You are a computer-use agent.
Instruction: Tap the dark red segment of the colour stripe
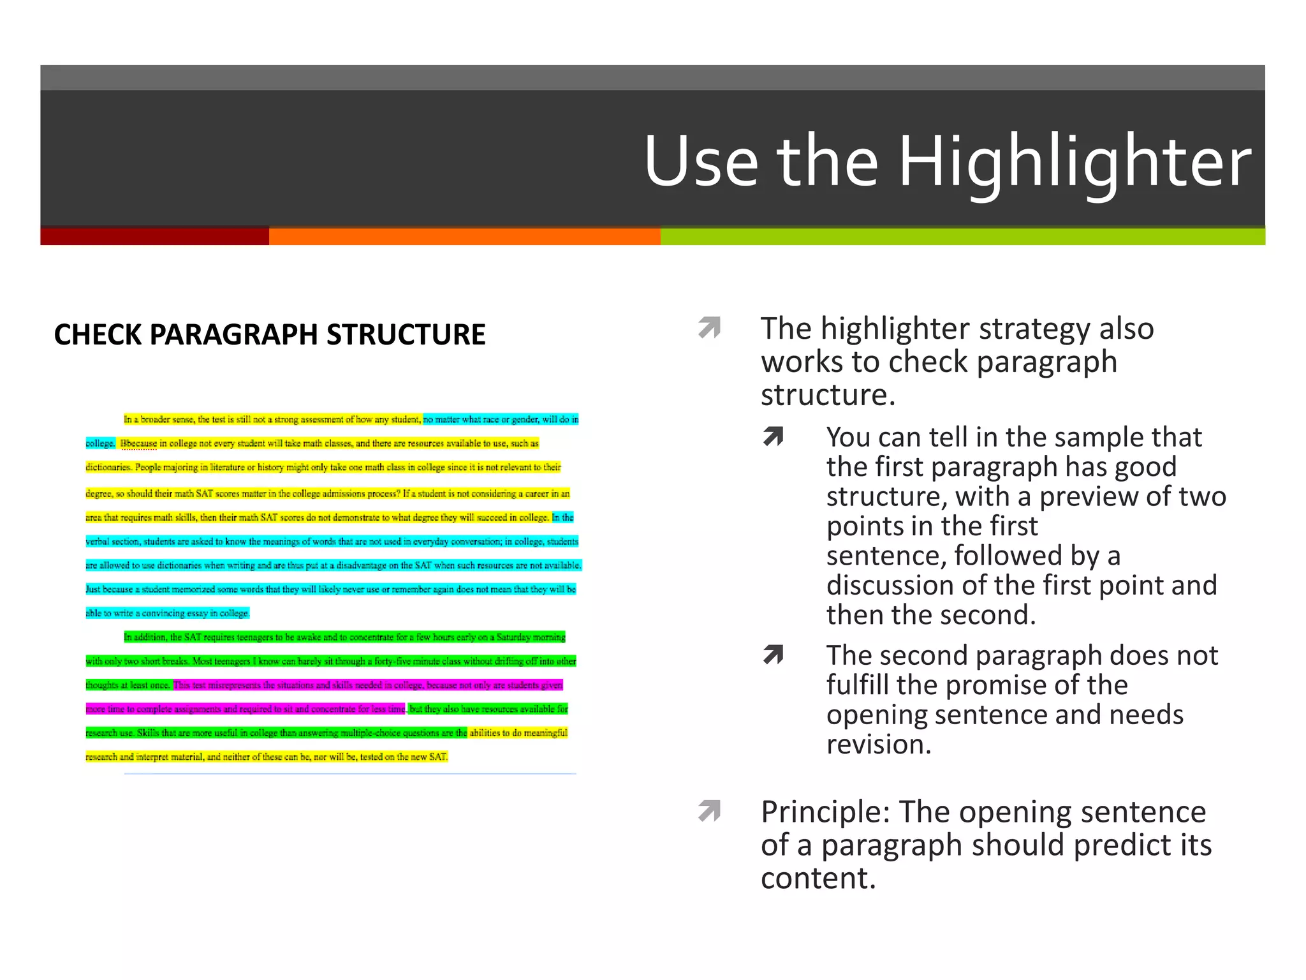tap(154, 236)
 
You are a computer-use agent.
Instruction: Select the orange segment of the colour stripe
tap(464, 236)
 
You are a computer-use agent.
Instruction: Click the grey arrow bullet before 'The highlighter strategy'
tap(709, 327)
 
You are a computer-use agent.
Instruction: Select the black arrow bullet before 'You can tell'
tap(774, 436)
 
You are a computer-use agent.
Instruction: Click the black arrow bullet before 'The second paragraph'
tap(774, 655)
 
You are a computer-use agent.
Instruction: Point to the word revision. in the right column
tap(879, 745)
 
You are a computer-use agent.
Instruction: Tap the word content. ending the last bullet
tap(818, 879)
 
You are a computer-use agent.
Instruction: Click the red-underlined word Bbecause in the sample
tap(139, 443)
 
